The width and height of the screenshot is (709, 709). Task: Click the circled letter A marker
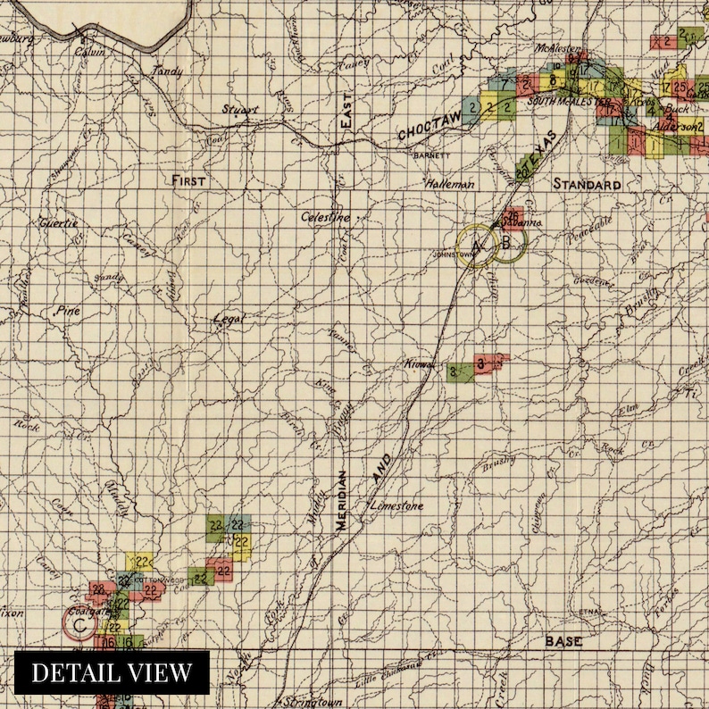(x=474, y=246)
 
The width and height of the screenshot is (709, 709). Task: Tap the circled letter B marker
(x=506, y=242)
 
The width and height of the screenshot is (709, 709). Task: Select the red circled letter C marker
(x=79, y=626)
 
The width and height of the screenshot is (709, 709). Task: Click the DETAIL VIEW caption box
(x=112, y=672)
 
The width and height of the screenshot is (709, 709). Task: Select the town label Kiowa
(x=420, y=365)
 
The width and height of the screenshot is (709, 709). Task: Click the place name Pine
(x=67, y=312)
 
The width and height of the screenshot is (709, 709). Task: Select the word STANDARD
(x=587, y=184)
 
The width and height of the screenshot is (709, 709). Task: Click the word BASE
(x=564, y=641)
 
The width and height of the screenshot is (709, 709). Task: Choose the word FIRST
(x=188, y=180)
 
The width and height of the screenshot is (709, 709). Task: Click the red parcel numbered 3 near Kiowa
(x=482, y=363)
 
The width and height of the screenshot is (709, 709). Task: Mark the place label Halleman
(x=453, y=183)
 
